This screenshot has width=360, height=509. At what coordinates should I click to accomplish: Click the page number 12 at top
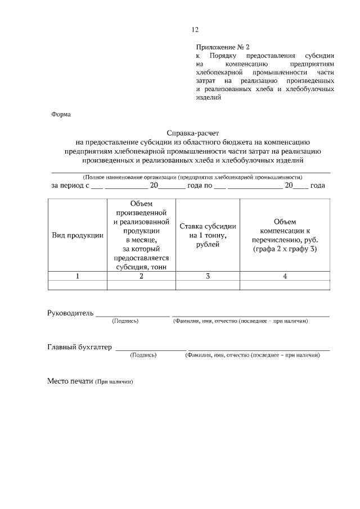pyautogui.click(x=195, y=30)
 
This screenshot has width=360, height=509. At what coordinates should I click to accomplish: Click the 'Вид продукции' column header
pyautogui.click(x=78, y=235)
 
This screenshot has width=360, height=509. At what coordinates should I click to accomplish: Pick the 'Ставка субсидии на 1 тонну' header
pyautogui.click(x=208, y=235)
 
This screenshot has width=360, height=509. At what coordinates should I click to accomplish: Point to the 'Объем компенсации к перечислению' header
pyautogui.click(x=285, y=235)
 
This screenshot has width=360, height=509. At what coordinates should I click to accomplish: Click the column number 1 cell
pyautogui.click(x=78, y=276)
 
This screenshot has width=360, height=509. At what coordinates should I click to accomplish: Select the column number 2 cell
pyautogui.click(x=141, y=276)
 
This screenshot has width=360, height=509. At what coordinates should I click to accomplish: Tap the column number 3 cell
pyautogui.click(x=208, y=276)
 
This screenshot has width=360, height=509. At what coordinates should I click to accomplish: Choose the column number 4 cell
pyautogui.click(x=285, y=276)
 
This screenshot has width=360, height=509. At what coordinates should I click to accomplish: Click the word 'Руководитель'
pyautogui.click(x=70, y=313)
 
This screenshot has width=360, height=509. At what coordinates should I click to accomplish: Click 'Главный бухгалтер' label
pyautogui.click(x=79, y=347)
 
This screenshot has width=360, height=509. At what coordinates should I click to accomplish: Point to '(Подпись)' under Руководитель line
pyautogui.click(x=125, y=321)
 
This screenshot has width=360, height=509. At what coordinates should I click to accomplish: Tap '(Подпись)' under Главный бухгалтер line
pyautogui.click(x=143, y=355)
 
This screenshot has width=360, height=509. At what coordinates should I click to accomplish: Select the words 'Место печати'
pyautogui.click(x=69, y=381)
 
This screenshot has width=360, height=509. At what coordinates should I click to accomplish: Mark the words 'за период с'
pyautogui.click(x=70, y=185)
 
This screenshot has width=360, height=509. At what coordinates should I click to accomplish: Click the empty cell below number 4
pyautogui.click(x=285, y=285)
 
